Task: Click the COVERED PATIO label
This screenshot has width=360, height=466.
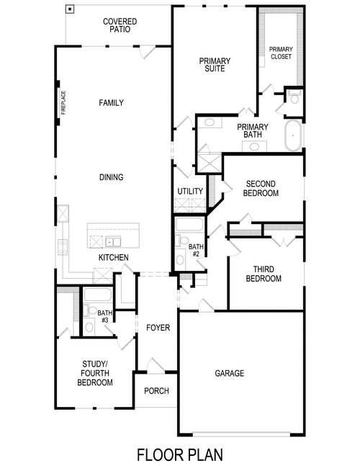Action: (120, 27)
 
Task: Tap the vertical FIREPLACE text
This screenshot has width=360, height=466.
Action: (63, 102)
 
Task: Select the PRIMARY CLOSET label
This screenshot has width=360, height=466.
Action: (281, 53)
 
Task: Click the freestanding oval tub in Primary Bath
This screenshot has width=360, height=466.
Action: (294, 136)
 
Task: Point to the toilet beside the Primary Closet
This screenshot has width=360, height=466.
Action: (294, 97)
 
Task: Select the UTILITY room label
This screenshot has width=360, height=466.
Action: (190, 191)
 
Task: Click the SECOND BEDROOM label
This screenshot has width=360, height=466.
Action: (261, 188)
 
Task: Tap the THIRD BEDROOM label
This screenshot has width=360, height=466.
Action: (263, 274)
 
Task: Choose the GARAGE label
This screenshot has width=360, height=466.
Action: (230, 373)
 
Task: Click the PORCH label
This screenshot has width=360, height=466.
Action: (156, 391)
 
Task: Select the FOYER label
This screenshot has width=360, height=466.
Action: (158, 328)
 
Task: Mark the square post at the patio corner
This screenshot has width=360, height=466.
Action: (70, 9)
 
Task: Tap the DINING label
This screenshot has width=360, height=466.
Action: (111, 177)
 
